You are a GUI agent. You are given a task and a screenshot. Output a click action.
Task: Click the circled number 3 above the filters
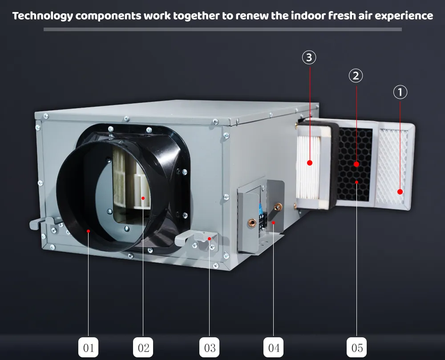309,57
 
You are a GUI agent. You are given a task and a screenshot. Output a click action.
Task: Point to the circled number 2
355,76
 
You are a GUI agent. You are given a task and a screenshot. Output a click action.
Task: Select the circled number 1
400,92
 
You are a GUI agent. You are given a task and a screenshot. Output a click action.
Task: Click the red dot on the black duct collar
89,231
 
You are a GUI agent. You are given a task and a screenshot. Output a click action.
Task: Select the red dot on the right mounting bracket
209,239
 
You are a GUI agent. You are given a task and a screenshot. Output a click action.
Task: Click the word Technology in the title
42,16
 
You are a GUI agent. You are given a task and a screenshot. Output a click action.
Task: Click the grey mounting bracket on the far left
38,222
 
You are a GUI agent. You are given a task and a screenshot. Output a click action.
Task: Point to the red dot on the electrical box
274,222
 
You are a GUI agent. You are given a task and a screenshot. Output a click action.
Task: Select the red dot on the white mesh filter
400,192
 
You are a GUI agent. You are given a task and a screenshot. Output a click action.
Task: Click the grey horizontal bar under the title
222,29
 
